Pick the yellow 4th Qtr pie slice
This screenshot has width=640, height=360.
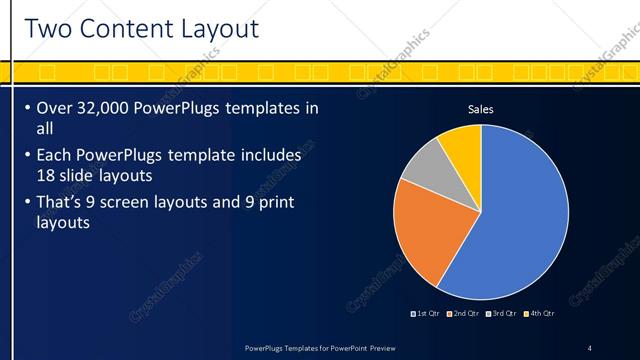point(462,143)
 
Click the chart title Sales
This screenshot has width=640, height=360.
point(481,109)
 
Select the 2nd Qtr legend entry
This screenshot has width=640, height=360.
point(463,314)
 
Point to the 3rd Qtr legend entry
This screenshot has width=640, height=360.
point(501,314)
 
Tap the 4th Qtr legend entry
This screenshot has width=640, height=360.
point(538,314)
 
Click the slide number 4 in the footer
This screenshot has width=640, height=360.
point(589,348)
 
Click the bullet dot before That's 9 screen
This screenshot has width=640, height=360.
point(26,204)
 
